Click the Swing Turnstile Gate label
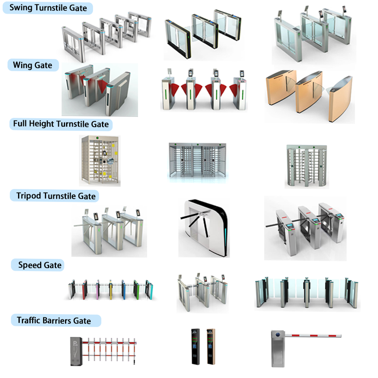pyautogui.click(x=48, y=8)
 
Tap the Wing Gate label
pyautogui.click(x=33, y=65)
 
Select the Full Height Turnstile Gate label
pyautogui.click(x=61, y=124)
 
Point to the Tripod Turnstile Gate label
pyautogui.click(x=56, y=196)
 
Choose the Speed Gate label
pyautogui.click(x=40, y=265)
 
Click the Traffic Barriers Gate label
pyautogui.click(x=54, y=321)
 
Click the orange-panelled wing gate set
pyautogui.click(x=309, y=94)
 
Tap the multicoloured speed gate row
pyautogui.click(x=111, y=290)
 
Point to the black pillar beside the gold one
pyautogui.click(x=194, y=347)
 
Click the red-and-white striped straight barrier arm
pyautogui.click(x=313, y=336)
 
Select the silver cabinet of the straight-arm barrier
pyautogui.click(x=278, y=349)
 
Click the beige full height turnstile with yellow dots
pyautogui.click(x=99, y=160)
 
